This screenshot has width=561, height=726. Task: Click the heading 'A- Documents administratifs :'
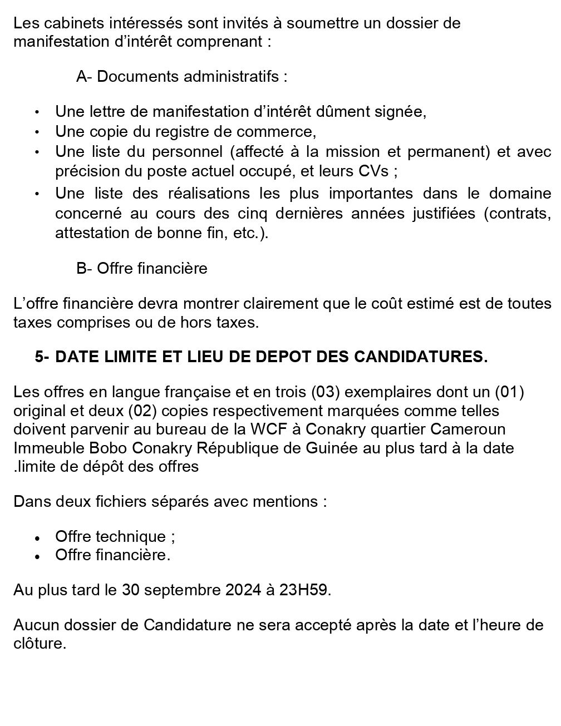[181, 76]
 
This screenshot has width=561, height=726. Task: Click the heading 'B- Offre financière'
[141, 268]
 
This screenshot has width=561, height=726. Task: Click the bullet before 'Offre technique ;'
[37, 539]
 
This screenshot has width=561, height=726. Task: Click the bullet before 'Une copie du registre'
[37, 132]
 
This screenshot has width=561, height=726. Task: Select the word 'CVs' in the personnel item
[373, 171]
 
